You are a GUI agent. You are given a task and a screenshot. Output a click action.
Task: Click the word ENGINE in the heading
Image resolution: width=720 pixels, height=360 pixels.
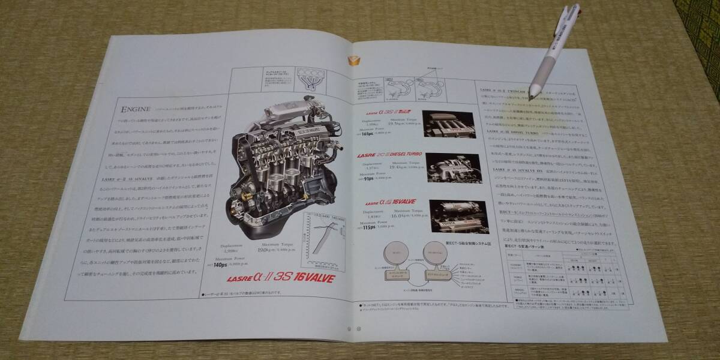point(134,111)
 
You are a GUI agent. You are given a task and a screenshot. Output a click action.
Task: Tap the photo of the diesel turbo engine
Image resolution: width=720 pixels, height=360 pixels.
point(449,169)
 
